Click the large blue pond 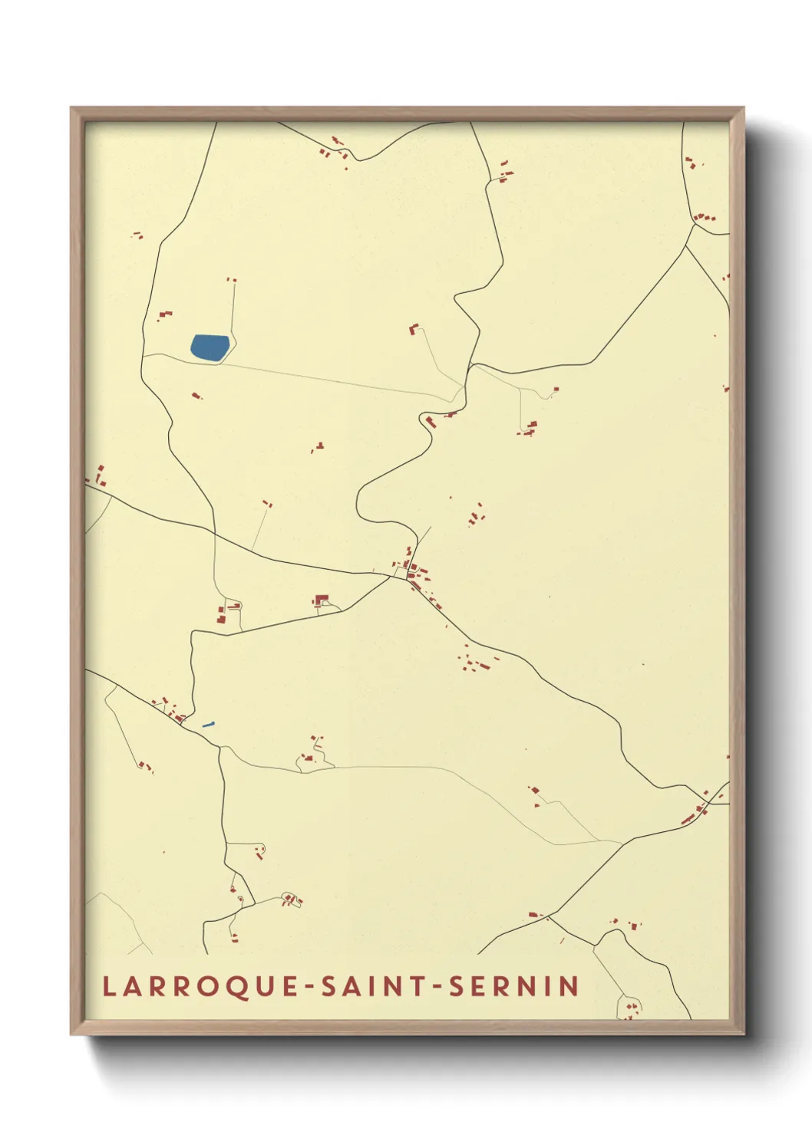point(210,348)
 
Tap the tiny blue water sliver point(207,724)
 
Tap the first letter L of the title point(109,987)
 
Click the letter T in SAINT point(418,987)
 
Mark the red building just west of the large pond point(164,314)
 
